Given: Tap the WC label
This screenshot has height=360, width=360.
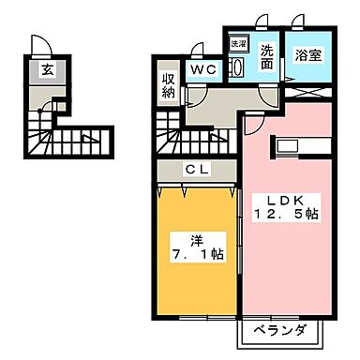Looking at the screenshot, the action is (x=203, y=70).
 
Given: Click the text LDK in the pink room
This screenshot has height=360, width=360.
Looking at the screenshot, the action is (x=278, y=199).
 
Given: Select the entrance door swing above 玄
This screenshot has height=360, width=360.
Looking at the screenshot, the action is (x=39, y=45).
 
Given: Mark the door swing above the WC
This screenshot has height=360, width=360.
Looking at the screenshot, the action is (x=198, y=50).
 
